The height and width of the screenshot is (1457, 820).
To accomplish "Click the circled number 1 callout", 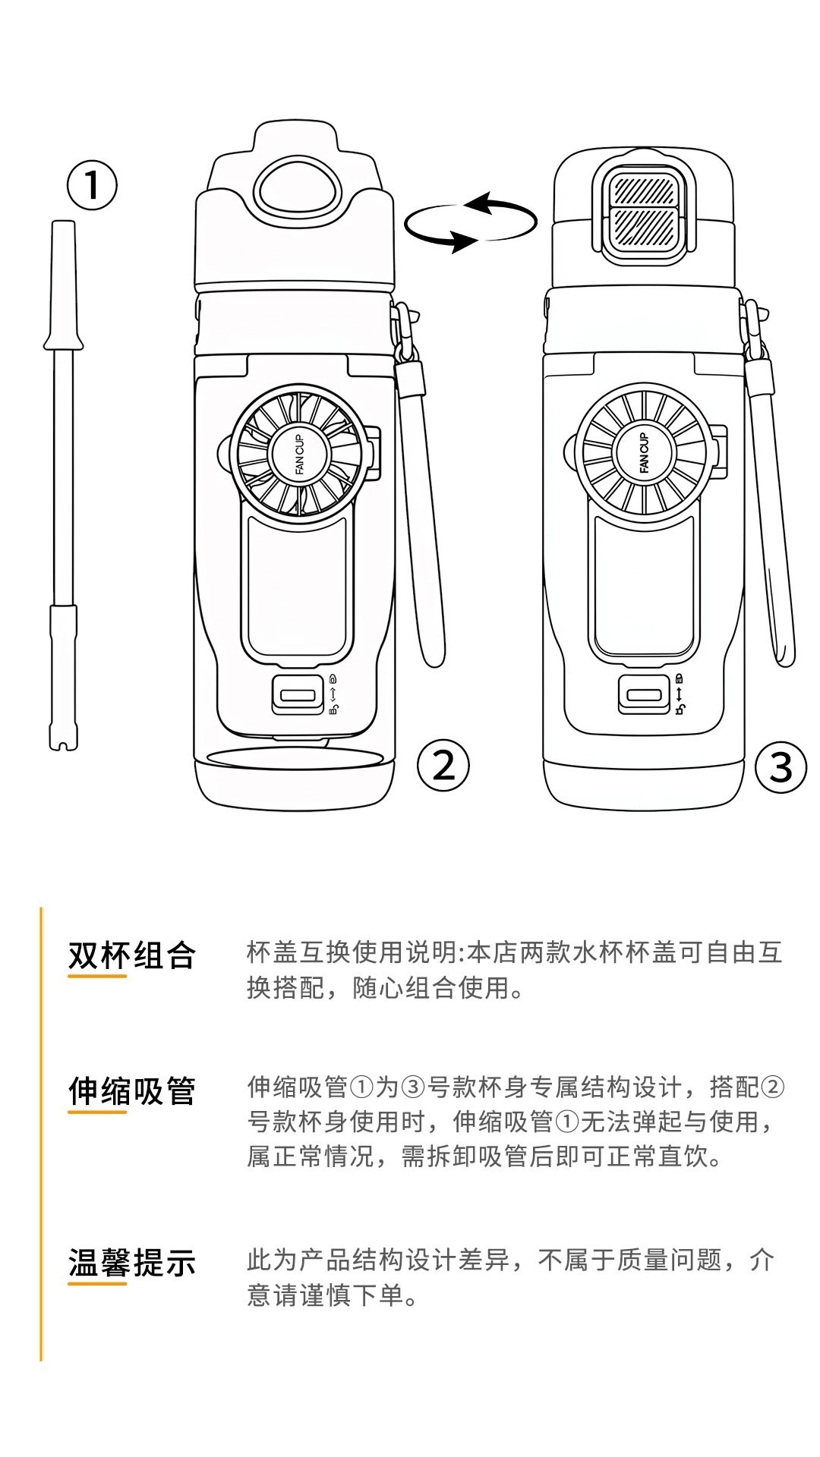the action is (93, 184).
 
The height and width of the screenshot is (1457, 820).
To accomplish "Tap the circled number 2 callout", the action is (443, 765).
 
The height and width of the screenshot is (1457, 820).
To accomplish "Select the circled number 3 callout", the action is (781, 767).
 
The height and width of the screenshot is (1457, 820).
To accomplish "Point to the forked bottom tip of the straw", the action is (63, 740).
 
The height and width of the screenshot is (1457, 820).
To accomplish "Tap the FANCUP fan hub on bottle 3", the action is (645, 453).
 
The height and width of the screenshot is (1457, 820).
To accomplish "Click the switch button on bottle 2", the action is (297, 694).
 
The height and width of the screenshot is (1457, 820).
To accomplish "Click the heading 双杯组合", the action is (132, 955).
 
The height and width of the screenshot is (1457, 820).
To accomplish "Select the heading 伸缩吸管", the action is (132, 1091).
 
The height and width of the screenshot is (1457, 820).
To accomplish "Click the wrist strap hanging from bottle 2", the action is (420, 486).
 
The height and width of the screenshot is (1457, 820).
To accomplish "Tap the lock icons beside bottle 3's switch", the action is (679, 694).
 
